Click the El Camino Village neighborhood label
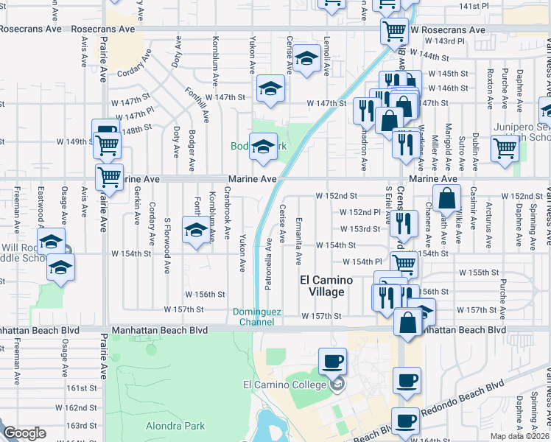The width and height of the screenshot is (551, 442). pos(326,286)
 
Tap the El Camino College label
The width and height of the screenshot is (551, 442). pos(284,385)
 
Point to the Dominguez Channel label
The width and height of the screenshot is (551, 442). pos(257,317)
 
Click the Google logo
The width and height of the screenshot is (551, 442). pos(24,433)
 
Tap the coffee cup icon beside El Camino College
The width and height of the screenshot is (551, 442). pos(331,361)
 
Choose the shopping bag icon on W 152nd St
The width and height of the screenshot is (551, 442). pos(446,197)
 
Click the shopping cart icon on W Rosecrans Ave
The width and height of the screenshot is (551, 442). pos(395,31)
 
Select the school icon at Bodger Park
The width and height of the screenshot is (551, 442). pos(262,147)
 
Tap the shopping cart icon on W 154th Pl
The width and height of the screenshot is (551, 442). pos(404,262)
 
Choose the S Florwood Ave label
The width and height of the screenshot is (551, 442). pos(168,239)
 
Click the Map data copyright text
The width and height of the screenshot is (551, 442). pos(519,435)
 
